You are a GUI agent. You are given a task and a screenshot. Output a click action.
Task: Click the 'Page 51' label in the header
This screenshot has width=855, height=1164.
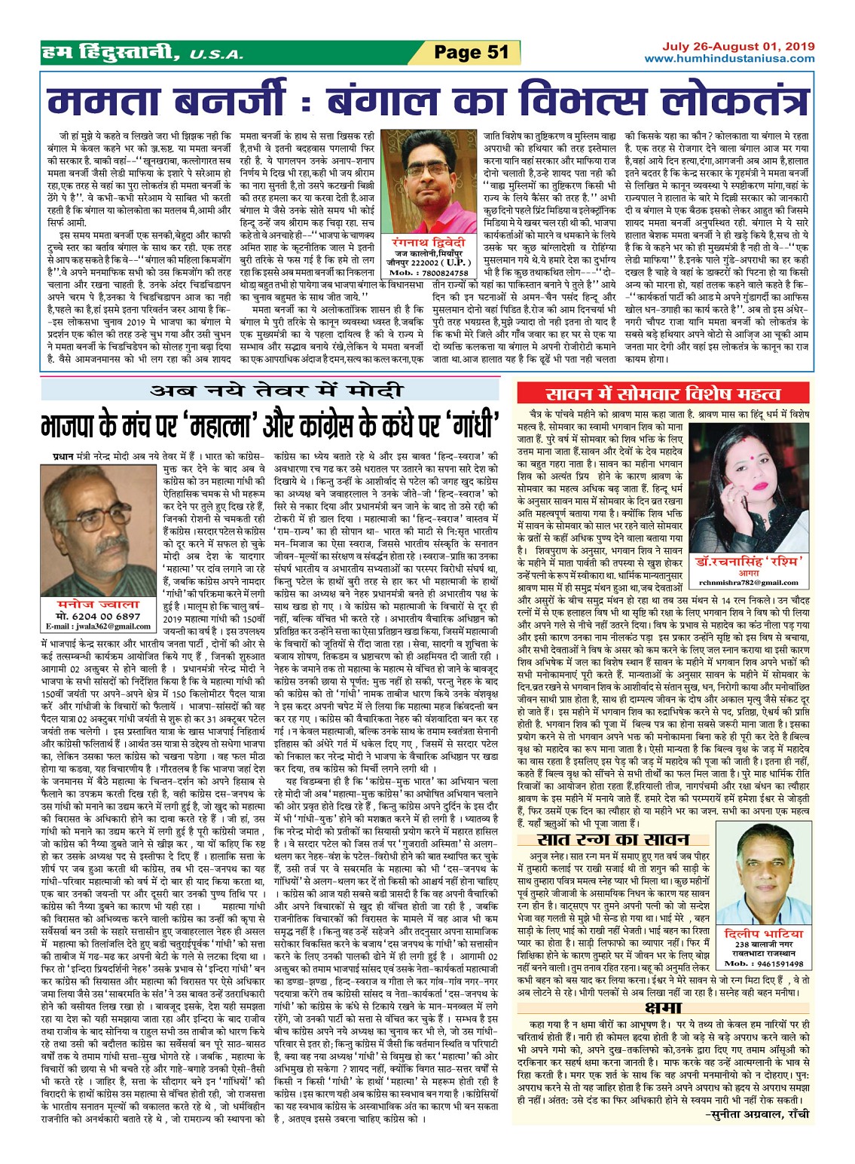(x=472, y=52)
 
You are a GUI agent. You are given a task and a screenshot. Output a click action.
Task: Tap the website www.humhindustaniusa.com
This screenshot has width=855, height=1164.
(x=728, y=58)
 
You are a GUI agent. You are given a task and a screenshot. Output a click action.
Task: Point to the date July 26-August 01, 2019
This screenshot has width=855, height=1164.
(x=738, y=46)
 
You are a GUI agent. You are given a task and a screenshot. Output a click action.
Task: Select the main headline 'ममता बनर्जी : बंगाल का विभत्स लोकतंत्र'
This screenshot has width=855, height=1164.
(x=426, y=101)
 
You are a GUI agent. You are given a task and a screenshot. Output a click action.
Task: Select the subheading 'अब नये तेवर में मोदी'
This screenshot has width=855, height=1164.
(x=276, y=391)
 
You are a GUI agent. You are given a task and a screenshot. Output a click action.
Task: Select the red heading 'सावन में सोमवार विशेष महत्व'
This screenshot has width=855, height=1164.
(x=663, y=394)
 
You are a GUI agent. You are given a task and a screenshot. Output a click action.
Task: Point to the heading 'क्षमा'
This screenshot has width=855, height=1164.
(x=663, y=1008)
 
